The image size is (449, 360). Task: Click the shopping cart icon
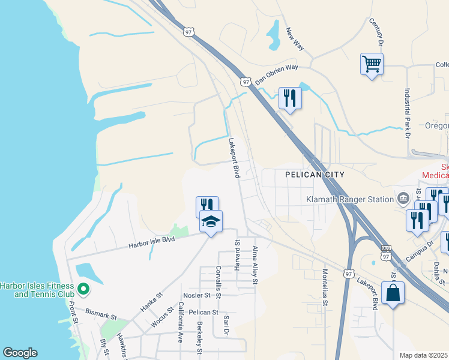(x=372, y=63)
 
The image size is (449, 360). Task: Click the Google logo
(x=20, y=353)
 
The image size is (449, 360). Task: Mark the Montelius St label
(x=325, y=292)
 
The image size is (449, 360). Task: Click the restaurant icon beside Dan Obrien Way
(x=290, y=98)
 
